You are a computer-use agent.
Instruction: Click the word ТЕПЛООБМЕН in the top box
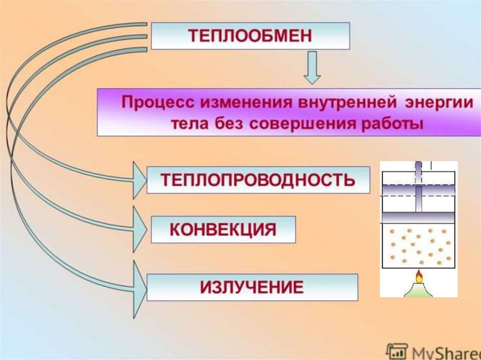click(250, 36)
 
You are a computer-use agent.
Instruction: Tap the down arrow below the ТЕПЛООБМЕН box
click(311, 69)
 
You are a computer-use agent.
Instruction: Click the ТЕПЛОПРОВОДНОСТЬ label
click(258, 180)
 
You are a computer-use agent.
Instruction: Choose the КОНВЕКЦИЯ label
click(222, 230)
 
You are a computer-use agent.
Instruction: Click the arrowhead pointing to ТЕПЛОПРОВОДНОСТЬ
click(140, 180)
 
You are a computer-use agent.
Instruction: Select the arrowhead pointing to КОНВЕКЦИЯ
click(140, 230)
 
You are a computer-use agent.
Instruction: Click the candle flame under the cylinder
click(419, 277)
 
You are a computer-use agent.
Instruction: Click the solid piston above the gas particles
click(419, 217)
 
